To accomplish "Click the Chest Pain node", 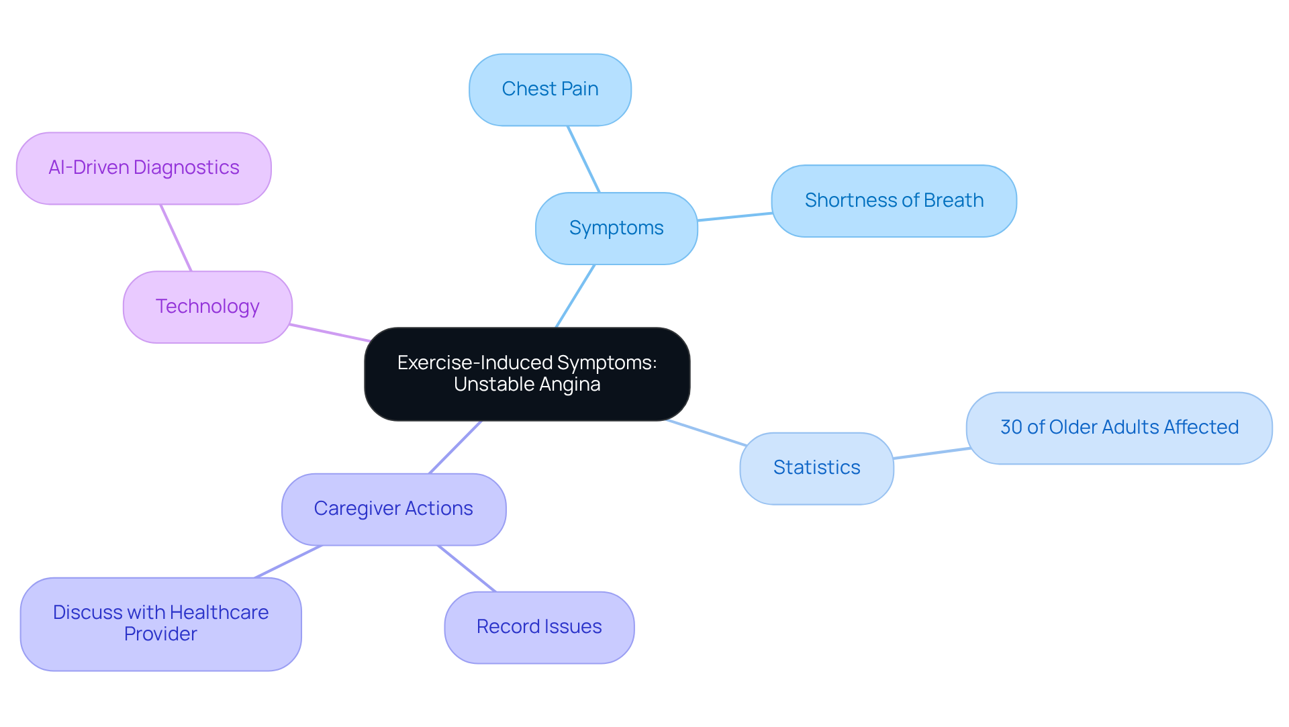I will (x=550, y=89).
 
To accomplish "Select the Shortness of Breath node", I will (x=894, y=201).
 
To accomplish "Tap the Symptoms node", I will (x=616, y=228).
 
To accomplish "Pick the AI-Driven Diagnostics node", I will (x=144, y=168).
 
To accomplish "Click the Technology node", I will (x=207, y=307).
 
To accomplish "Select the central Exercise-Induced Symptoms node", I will (x=527, y=373).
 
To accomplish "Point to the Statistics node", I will (x=816, y=468).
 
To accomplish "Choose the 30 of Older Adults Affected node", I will (x=1119, y=428).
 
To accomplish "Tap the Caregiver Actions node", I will (x=393, y=509).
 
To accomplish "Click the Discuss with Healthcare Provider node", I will (x=160, y=624).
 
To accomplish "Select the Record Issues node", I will (x=539, y=627).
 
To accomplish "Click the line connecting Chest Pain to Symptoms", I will (x=583, y=159).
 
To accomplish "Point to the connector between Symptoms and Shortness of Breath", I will (x=734, y=217).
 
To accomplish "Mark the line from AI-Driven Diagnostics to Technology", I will (x=176, y=238).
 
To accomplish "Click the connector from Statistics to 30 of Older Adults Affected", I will (x=930, y=453).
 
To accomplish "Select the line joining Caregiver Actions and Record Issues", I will (x=467, y=569).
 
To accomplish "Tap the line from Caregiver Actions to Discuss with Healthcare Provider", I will (x=289, y=561).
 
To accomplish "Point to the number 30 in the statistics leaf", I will (x=1011, y=428).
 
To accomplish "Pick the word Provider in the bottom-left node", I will (x=160, y=634).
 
